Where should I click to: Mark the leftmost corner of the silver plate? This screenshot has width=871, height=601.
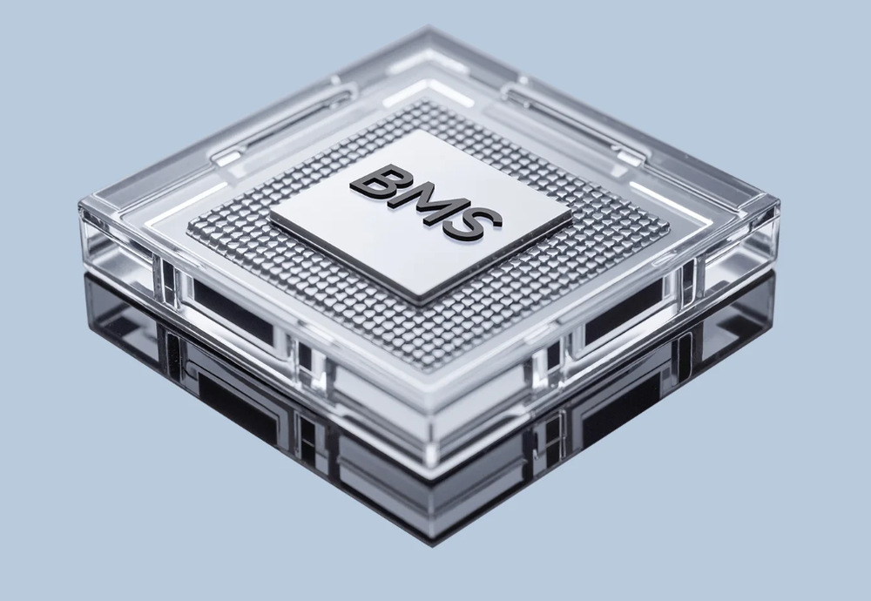click(270, 215)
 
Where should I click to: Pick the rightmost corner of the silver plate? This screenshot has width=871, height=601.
click(571, 213)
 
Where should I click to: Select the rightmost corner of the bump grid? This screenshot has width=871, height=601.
click(669, 227)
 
